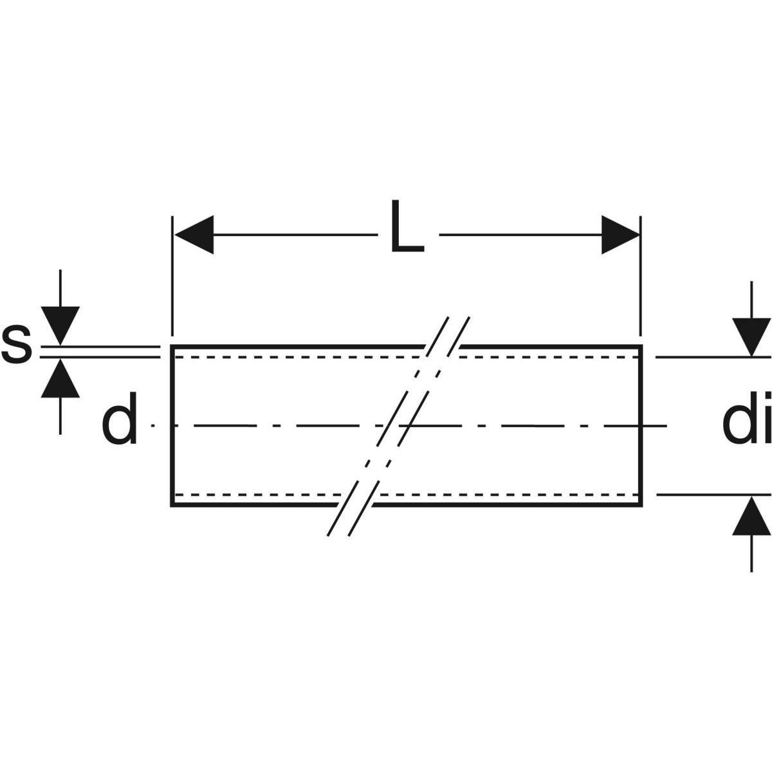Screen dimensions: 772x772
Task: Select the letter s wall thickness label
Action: (x=16, y=345)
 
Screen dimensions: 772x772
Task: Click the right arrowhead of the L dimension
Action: (x=620, y=235)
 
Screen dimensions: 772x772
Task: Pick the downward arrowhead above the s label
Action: (x=60, y=326)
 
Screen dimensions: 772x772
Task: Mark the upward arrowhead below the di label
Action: (x=751, y=517)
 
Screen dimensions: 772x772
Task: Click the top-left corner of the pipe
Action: (x=172, y=347)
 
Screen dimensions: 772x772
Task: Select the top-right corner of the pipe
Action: (x=641, y=347)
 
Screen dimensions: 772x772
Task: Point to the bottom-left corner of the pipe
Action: (x=172, y=505)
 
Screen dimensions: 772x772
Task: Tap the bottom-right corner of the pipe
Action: (x=641, y=505)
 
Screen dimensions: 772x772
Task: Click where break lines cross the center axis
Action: (x=399, y=425)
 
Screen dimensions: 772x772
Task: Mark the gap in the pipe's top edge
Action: (x=443, y=347)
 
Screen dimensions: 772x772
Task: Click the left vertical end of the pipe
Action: (x=172, y=425)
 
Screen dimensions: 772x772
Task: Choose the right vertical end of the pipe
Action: (x=641, y=425)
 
